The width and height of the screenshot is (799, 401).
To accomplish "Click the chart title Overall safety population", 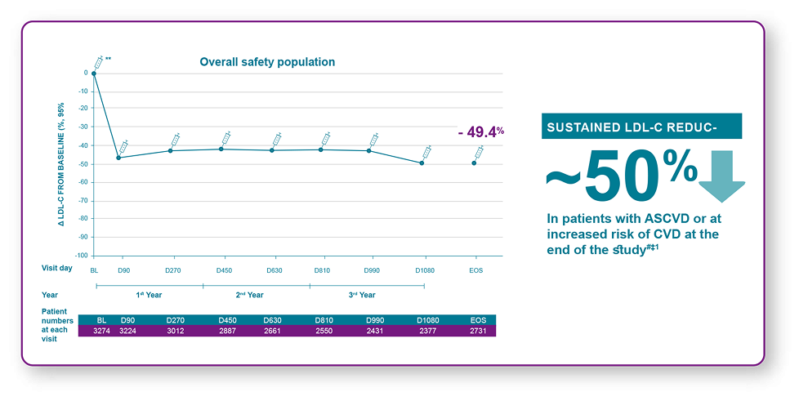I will tap(267, 62).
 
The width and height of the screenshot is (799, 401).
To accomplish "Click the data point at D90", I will tap(119, 158).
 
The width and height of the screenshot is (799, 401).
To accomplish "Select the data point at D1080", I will tap(422, 163).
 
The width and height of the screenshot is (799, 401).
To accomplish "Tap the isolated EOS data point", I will tap(474, 163).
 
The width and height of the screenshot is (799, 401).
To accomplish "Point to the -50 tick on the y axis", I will tap(83, 164).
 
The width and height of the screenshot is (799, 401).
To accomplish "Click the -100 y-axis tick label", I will tap(82, 256).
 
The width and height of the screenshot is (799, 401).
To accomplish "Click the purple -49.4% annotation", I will tap(480, 131).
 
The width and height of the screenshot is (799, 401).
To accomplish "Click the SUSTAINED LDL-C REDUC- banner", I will tap(641, 127).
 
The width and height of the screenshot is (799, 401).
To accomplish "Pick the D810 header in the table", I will tap(324, 319).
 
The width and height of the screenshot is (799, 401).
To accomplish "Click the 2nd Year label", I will tap(250, 295).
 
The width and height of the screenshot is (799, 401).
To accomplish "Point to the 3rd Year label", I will tap(361, 295).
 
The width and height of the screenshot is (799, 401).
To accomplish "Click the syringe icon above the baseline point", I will tap(99, 62).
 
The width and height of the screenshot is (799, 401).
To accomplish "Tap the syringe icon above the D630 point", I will tap(276, 140).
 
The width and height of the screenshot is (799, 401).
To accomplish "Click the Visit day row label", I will tap(57, 268).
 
